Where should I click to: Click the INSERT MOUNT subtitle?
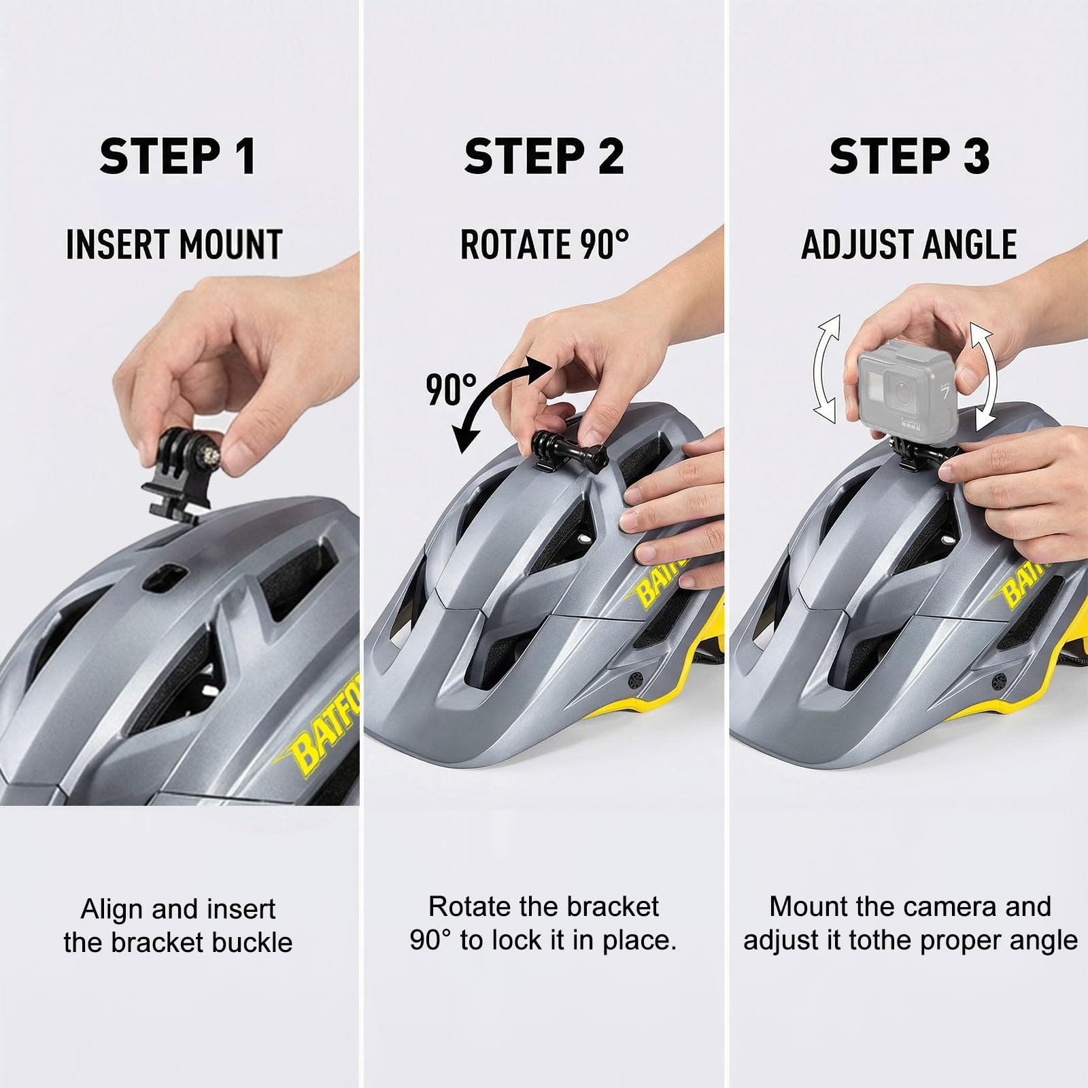pos(174,245)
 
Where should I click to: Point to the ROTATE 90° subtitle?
pos(544,244)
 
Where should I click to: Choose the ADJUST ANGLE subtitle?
pos(909,245)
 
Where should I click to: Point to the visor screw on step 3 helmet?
pos(1000,680)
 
